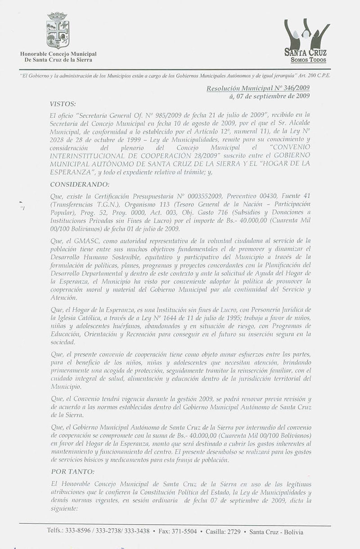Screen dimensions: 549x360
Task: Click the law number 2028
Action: [59, 137]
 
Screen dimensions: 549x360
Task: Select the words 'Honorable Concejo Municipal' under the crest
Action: [58, 54]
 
